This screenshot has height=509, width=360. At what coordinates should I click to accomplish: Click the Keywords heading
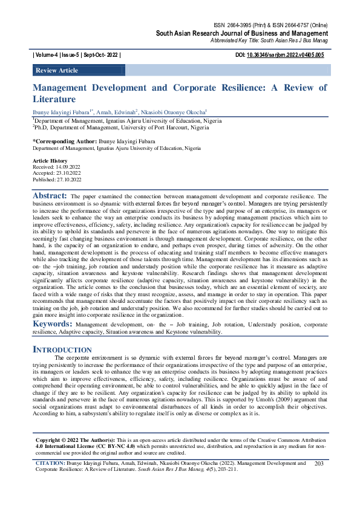[52, 324]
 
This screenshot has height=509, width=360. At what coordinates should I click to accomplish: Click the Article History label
[50, 161]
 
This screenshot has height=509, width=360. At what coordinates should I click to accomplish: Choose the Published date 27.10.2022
[70, 180]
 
